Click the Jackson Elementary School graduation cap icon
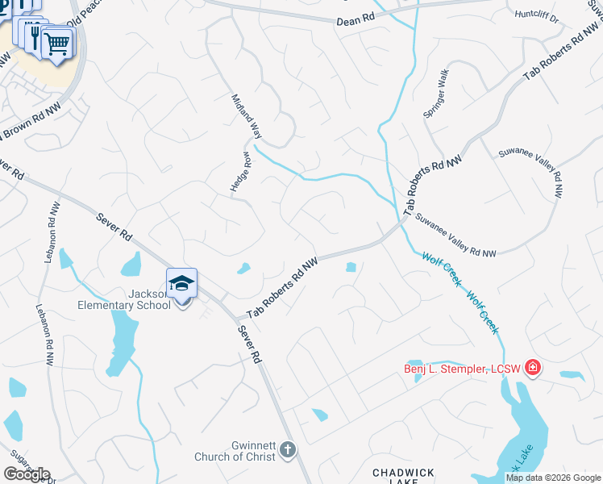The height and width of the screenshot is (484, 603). coord(182,283)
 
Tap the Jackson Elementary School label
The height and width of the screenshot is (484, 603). coord(124,299)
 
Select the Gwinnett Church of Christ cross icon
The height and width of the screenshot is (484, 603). coord(289,449)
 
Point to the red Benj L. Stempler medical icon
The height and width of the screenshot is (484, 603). coord(532,369)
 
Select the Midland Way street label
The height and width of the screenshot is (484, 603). coord(247,117)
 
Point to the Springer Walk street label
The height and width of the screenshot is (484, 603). coord(435,94)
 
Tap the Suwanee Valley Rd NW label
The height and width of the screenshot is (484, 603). coord(456,236)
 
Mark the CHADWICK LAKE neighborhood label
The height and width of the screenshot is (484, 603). coord(403,477)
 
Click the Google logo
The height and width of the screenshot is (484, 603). coord(27,474)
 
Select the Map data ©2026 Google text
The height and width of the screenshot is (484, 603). coord(552,478)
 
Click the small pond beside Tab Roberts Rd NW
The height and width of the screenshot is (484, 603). coord(351,267)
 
